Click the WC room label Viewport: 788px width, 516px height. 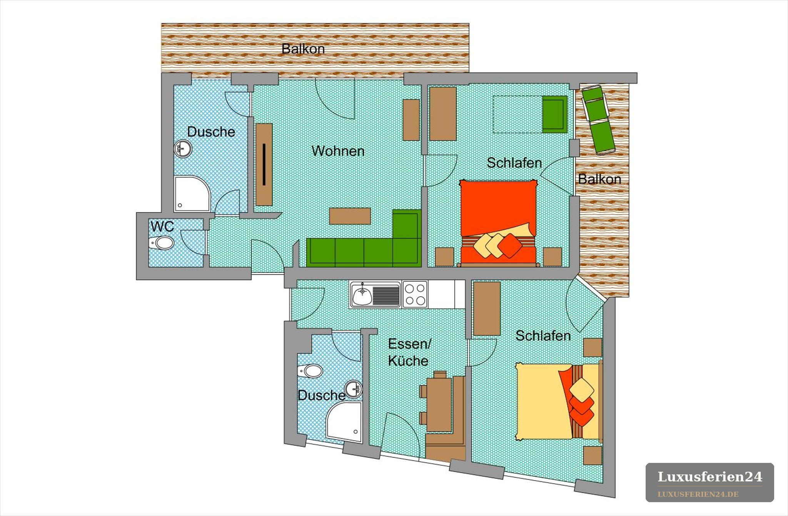click(x=162, y=226)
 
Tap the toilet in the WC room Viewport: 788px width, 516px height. click(x=162, y=243)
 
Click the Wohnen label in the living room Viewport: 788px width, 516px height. click(x=338, y=151)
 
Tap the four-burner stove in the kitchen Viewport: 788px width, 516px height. click(x=415, y=294)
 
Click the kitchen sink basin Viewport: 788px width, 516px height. click(x=362, y=295)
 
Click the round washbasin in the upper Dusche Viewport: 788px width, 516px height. click(x=183, y=149)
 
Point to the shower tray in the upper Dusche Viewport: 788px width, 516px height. click(x=192, y=194)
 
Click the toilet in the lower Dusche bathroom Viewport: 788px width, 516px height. click(x=310, y=371)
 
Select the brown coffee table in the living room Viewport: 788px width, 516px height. click(x=350, y=216)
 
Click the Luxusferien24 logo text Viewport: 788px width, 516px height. click(x=710, y=477)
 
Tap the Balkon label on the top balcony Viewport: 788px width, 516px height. click(x=303, y=49)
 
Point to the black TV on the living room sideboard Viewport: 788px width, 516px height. click(x=264, y=164)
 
